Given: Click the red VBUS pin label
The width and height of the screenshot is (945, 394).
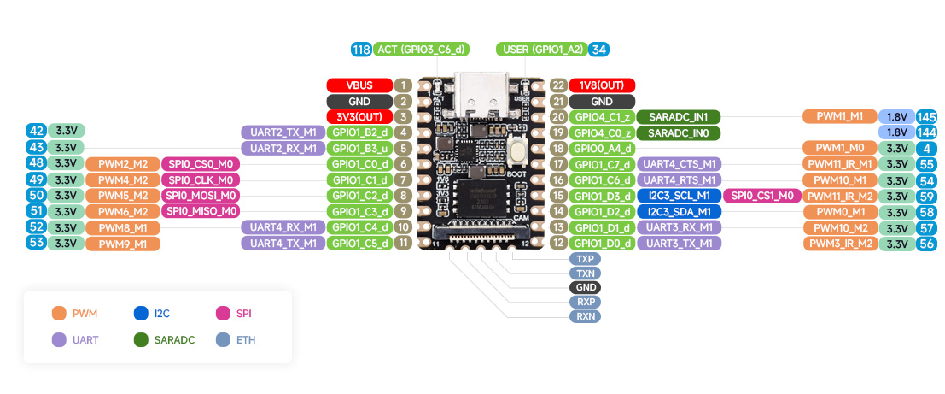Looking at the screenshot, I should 359,85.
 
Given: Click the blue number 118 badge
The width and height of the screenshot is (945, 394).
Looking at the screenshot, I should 361,50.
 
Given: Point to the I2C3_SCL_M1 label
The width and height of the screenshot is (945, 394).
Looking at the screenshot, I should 679,196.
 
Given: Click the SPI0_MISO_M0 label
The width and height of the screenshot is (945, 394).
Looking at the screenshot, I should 201,211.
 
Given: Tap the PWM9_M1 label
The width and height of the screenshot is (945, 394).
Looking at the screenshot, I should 122,244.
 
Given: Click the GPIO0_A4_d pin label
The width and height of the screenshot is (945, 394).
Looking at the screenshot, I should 603,148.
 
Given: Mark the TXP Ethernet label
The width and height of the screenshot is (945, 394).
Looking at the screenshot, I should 586,258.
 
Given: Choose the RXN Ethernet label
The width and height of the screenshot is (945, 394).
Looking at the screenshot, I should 586,316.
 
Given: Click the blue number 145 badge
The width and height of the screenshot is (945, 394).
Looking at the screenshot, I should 928,116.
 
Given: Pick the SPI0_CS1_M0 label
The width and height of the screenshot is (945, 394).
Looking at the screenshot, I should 761,196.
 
